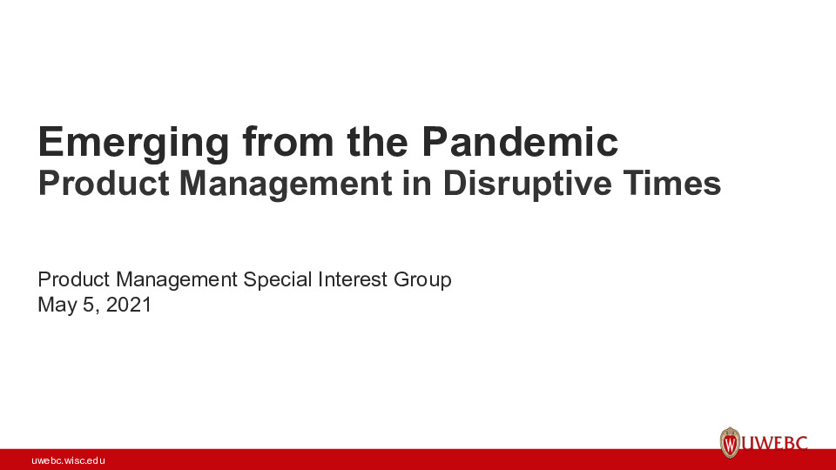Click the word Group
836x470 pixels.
click(x=422, y=280)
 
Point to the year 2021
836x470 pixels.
click(x=128, y=305)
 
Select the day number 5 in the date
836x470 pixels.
click(x=89, y=305)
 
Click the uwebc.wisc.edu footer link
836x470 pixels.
click(x=69, y=460)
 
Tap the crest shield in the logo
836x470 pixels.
click(x=730, y=443)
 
